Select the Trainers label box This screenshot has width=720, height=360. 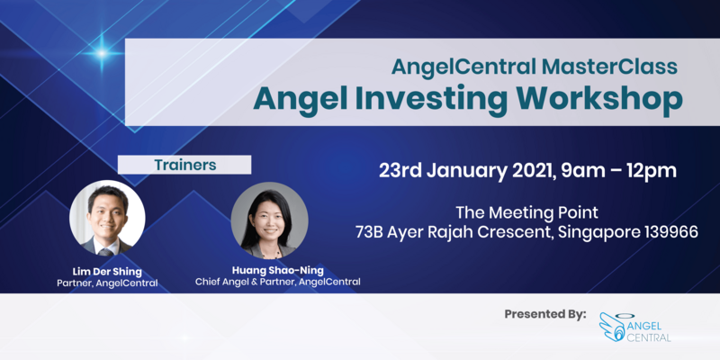[x=184, y=165]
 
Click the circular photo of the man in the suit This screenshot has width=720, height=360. [x=107, y=219]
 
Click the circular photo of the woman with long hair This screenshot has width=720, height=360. [x=269, y=220]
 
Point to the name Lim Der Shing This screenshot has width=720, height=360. [x=108, y=269]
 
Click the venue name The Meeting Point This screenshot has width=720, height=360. [x=527, y=212]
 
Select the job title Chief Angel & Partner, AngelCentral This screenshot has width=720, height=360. [x=278, y=282]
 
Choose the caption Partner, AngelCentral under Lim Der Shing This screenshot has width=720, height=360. [x=107, y=282]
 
